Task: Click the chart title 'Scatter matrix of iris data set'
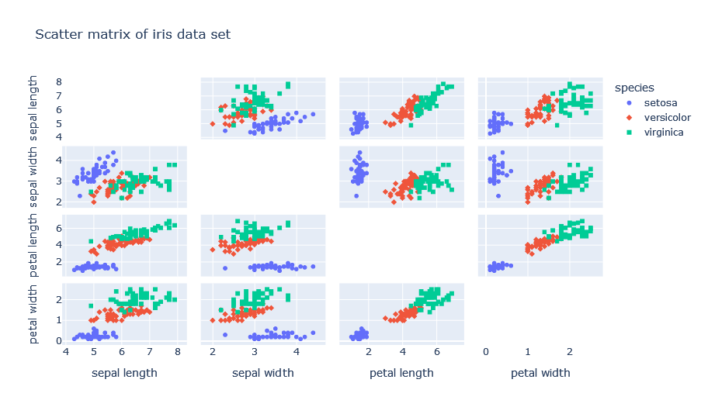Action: point(133,35)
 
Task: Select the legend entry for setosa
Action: point(661,102)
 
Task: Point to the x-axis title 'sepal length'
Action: point(124,373)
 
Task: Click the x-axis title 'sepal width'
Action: point(263,373)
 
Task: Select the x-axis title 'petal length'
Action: point(401,373)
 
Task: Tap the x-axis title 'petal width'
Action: point(540,373)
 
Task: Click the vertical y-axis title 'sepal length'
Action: point(35,109)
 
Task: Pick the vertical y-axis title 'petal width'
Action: point(35,313)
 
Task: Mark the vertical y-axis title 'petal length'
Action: point(35,245)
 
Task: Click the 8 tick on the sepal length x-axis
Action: point(178,352)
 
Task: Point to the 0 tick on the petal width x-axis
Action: point(485,352)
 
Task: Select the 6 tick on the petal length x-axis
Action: point(436,352)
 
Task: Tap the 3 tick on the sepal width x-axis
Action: point(255,352)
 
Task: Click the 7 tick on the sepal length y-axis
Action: point(58,95)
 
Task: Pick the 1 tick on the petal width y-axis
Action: point(58,319)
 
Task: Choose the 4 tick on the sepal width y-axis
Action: point(58,160)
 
